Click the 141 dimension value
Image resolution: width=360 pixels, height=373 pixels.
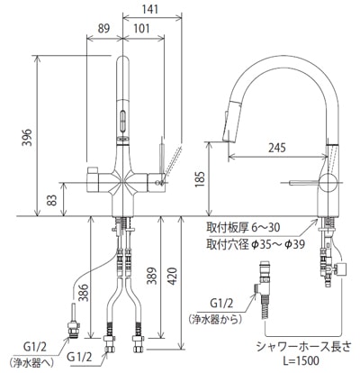click(x=149, y=9)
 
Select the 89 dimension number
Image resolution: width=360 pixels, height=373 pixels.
click(x=104, y=28)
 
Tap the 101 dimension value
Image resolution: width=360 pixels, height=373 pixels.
click(x=141, y=28)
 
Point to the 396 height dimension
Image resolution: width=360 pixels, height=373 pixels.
click(x=27, y=137)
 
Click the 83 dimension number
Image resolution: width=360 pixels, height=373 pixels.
click(x=52, y=200)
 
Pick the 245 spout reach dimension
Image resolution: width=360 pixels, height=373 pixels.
click(x=277, y=148)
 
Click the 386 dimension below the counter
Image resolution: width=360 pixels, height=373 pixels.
click(x=84, y=292)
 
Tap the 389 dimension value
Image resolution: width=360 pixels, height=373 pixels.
click(x=152, y=276)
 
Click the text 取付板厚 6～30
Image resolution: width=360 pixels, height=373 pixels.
click(x=243, y=227)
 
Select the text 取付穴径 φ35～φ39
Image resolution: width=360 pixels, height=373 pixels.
click(x=256, y=244)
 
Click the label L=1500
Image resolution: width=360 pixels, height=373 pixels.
click(x=302, y=360)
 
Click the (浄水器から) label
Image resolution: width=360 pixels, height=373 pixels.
click(x=215, y=319)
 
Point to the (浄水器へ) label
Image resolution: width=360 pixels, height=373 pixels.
click(x=31, y=362)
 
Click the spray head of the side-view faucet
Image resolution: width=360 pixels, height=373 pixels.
click(x=231, y=121)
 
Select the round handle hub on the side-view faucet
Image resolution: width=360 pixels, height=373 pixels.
click(x=328, y=182)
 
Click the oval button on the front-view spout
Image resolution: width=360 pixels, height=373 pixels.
click(x=123, y=121)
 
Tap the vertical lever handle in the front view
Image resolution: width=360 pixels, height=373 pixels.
click(x=162, y=159)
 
